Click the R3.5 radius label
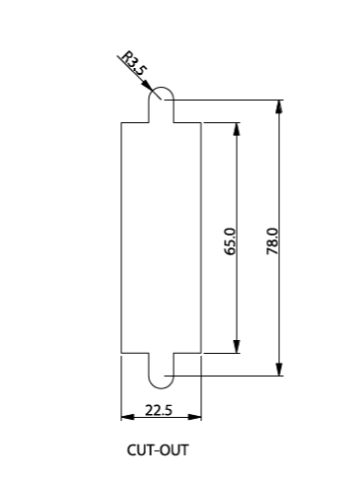point(133,64)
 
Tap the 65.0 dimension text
point(230,241)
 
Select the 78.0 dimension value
point(272,241)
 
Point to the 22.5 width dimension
point(159,410)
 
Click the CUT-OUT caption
point(158,450)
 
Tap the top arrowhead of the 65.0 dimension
point(237,129)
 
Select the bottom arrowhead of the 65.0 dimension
point(237,347)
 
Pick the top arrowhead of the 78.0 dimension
point(279,106)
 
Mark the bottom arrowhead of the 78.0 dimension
point(279,369)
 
